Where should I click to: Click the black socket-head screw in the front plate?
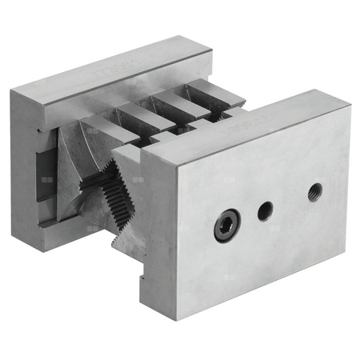pos(226,226)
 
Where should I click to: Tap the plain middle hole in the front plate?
pos(266,210)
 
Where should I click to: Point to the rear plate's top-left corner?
pos(12,90)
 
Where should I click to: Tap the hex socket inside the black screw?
pos(226,226)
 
